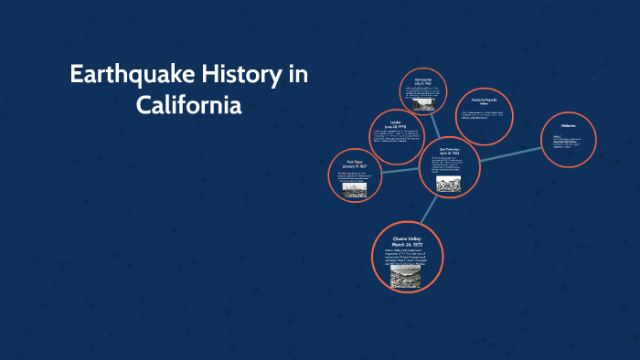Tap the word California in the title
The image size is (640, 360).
point(189,105)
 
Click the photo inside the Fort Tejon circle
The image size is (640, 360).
point(355,191)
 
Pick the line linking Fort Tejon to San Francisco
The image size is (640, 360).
point(398,169)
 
